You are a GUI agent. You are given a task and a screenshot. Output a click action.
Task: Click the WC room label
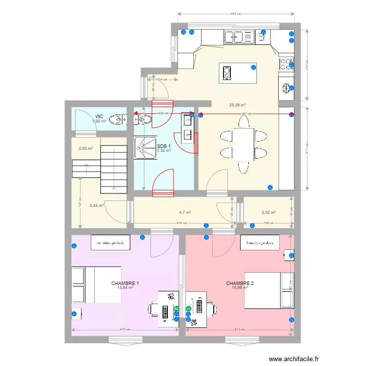point(99,116)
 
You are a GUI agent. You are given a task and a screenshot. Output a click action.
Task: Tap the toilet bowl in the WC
point(116,119)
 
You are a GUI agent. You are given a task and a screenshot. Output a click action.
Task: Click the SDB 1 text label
point(164,146)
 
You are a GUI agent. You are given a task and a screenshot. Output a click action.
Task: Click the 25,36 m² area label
point(237,104)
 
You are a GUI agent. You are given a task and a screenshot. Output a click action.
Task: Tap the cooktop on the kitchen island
point(227,73)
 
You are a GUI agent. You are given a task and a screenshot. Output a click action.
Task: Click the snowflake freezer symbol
point(286,88)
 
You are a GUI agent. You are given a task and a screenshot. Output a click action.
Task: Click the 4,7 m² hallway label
point(184,212)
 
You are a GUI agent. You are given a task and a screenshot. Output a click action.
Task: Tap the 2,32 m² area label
point(269,212)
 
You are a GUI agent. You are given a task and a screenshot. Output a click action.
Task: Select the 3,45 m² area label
point(96,205)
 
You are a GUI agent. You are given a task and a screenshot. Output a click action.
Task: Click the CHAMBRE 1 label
point(125,283)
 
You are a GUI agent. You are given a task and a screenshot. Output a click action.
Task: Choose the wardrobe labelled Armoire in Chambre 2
point(260,243)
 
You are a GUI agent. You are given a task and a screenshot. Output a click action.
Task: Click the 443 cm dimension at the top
point(236,14)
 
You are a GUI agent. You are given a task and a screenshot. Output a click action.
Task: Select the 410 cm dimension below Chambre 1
point(125,330)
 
